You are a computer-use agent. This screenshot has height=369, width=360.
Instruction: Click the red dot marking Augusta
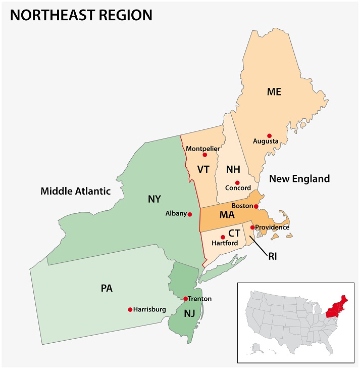(269, 135)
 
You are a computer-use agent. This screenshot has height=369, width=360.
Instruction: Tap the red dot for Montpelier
(204, 155)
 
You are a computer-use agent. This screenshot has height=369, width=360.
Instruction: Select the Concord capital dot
(237, 182)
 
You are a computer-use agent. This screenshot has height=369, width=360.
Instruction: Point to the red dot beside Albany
(190, 214)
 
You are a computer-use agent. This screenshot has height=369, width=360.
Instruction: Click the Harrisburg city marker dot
(130, 309)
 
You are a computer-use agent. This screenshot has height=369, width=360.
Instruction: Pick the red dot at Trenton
(185, 299)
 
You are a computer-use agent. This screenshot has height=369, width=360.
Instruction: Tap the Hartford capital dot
(223, 237)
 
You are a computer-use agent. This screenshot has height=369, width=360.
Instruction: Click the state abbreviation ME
(274, 91)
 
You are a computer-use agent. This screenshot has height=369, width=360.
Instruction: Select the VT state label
(203, 169)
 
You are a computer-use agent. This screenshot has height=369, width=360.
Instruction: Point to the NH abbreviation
(232, 169)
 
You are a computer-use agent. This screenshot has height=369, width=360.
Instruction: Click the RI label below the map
(273, 257)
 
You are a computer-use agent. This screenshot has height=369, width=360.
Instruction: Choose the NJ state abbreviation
(189, 313)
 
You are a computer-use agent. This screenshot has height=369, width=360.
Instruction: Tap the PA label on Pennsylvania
(107, 289)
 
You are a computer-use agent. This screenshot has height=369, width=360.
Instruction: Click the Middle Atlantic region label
(75, 191)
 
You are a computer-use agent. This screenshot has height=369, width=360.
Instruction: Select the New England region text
(299, 178)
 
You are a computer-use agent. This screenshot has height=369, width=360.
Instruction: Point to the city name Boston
(242, 206)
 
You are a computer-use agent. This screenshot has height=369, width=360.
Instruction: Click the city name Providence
(273, 227)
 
